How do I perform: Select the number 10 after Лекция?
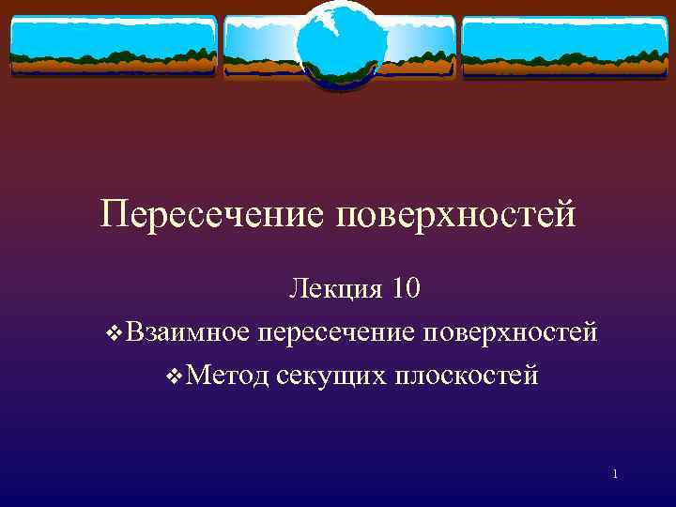pyautogui.click(x=406, y=289)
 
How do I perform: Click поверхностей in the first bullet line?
pyautogui.click(x=511, y=331)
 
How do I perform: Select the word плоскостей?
pyautogui.click(x=466, y=376)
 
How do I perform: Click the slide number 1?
pyautogui.click(x=614, y=474)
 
